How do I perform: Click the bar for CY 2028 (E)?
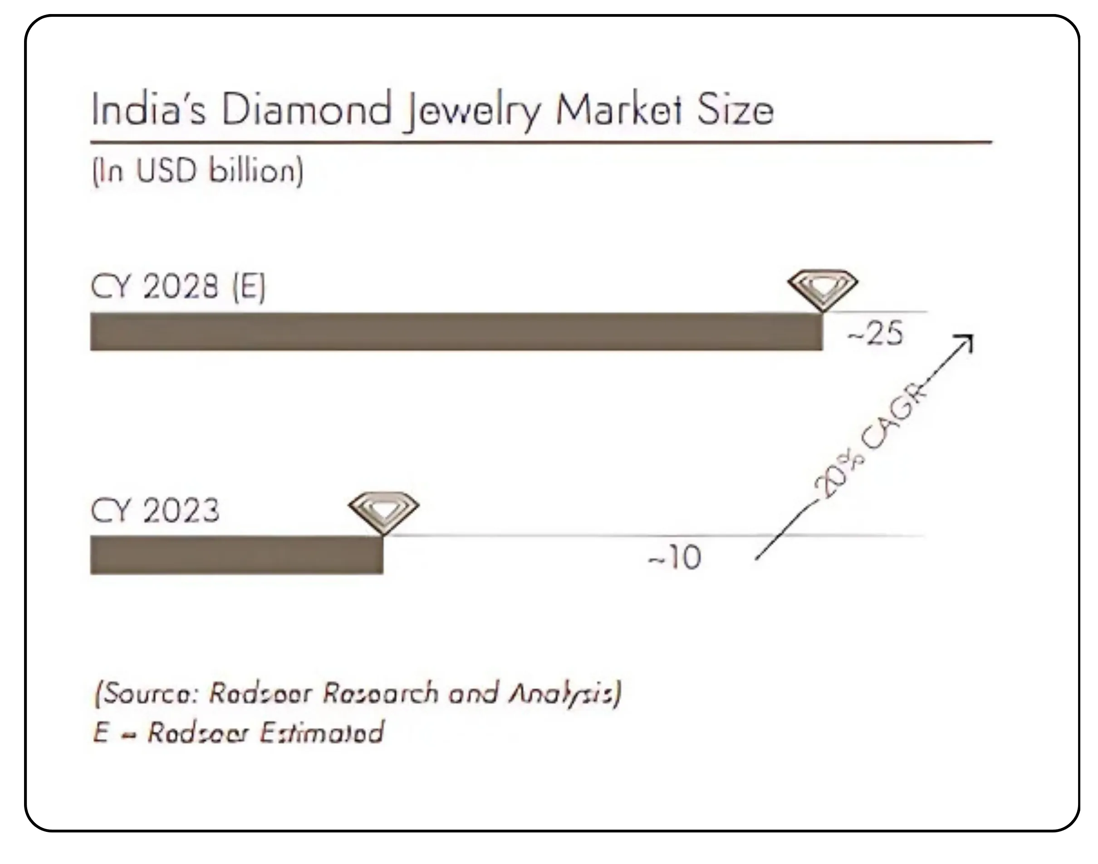click(x=456, y=332)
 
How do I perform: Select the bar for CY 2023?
click(x=236, y=555)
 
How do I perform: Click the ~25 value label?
click(x=876, y=334)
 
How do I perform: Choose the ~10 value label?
click(x=675, y=558)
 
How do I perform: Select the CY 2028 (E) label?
click(x=178, y=287)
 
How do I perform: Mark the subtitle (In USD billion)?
click(x=197, y=171)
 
